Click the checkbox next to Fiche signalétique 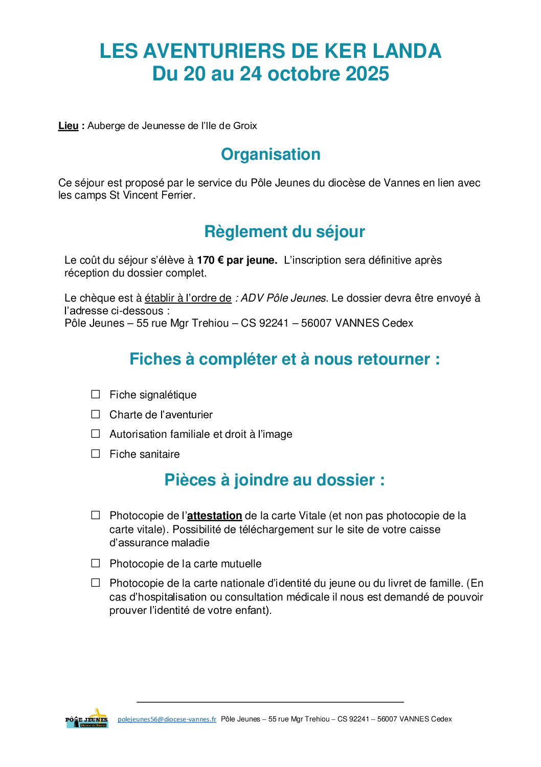point(96,394)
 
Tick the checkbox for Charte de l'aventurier point(96,414)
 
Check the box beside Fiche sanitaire point(96,454)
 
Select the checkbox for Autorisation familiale point(96,434)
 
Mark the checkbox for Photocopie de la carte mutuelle point(96,563)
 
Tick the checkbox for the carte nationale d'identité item point(96,583)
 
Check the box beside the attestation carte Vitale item point(96,515)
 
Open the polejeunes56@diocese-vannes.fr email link point(167,719)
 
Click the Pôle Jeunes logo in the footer point(87,718)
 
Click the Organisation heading point(270,154)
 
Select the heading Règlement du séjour point(284,231)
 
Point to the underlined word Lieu point(69,126)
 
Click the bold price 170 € point(210,260)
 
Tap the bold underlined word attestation point(215,516)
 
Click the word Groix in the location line point(245,126)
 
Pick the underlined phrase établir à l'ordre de point(188,298)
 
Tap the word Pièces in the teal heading point(189,480)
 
